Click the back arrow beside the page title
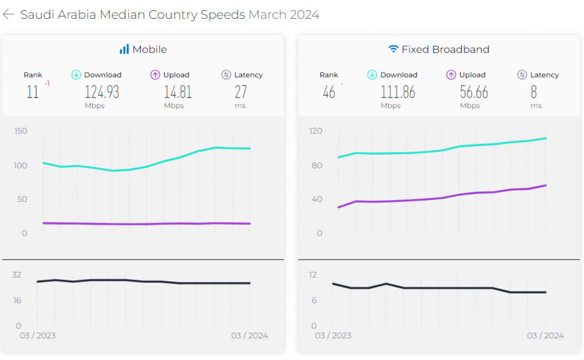click(x=9, y=14)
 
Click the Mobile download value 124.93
click(x=102, y=92)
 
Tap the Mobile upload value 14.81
click(x=177, y=92)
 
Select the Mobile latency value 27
click(x=241, y=92)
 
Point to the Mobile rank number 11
click(x=33, y=92)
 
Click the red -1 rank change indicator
click(x=47, y=84)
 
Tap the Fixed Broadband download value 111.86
click(x=398, y=92)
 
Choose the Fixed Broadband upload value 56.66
click(x=473, y=92)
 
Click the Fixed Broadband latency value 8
click(x=534, y=92)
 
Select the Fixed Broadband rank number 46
click(x=328, y=92)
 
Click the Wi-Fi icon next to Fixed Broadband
click(x=393, y=50)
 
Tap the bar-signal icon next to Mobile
click(x=124, y=50)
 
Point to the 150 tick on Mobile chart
click(x=21, y=131)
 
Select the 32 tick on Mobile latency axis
click(x=17, y=274)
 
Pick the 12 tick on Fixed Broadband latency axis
click(x=313, y=274)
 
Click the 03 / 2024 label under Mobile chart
click(x=249, y=335)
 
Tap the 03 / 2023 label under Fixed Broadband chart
click(x=334, y=335)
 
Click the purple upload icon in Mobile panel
click(x=155, y=75)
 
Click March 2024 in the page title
click(x=283, y=15)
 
